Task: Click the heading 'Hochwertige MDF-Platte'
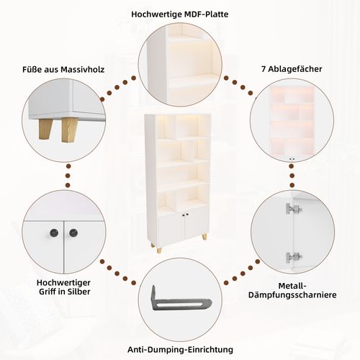[180, 14]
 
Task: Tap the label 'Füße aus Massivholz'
[63, 70]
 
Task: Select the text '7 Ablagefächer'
[292, 69]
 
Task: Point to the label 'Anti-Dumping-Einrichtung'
[180, 349]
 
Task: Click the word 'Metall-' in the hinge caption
[292, 286]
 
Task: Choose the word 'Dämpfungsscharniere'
[292, 295]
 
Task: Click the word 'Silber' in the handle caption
[78, 292]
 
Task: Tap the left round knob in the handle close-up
[54, 233]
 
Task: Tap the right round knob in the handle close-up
[73, 233]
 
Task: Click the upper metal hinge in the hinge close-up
[293, 209]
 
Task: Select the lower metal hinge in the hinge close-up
[293, 257]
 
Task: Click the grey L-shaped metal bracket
[178, 300]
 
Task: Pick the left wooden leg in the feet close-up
[45, 129]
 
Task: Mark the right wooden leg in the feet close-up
[69, 130]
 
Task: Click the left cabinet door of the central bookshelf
[172, 228]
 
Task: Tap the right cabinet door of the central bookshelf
[197, 225]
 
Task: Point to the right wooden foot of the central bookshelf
[204, 236]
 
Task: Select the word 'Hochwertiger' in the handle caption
[63, 282]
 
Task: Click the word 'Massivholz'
[82, 70]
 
